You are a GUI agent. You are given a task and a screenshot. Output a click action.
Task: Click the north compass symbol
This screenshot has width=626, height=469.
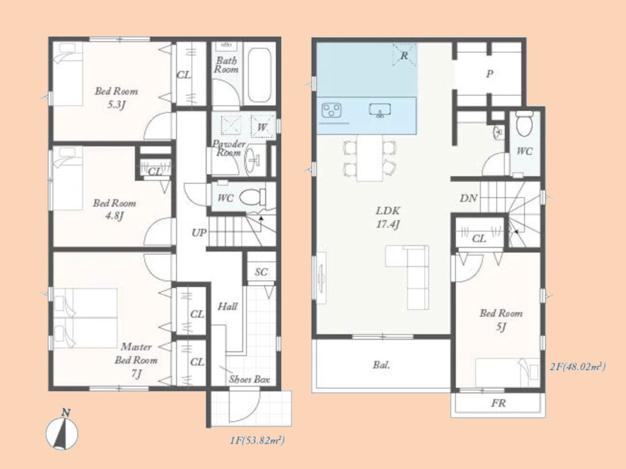pyautogui.click(x=61, y=430)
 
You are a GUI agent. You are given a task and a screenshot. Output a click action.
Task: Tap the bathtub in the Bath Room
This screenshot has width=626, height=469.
pyautogui.click(x=260, y=76)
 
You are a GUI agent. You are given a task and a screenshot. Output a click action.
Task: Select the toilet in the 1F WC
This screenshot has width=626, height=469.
pyautogui.click(x=253, y=197)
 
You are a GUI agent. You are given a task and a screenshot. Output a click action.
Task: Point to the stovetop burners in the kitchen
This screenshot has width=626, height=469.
pyautogui.click(x=331, y=110)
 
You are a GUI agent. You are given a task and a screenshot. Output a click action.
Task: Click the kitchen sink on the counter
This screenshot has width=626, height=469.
pyautogui.click(x=380, y=109)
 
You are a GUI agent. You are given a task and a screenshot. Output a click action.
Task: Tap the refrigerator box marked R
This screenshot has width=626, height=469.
pyautogui.click(x=405, y=55)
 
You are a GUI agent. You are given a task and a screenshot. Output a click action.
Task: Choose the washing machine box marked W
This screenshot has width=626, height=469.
pyautogui.click(x=262, y=126)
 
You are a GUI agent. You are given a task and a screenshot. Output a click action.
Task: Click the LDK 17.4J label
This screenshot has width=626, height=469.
pyautogui.click(x=388, y=217)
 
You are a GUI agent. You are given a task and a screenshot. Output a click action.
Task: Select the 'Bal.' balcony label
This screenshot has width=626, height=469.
pyautogui.click(x=382, y=365)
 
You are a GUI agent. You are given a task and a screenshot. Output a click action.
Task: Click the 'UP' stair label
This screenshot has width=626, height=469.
pyautogui.click(x=198, y=232)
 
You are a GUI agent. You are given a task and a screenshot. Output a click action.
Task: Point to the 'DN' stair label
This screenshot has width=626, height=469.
pyautogui.click(x=468, y=198)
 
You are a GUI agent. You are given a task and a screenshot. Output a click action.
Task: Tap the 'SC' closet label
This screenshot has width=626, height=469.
pyautogui.click(x=261, y=272)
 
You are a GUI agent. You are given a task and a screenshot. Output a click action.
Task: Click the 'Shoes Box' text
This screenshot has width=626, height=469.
pyautogui.click(x=249, y=379)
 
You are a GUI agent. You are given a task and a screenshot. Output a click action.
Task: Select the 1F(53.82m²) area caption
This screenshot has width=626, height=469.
pyautogui.click(x=257, y=441)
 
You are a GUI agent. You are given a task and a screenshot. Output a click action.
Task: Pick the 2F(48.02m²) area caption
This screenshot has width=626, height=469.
pyautogui.click(x=578, y=367)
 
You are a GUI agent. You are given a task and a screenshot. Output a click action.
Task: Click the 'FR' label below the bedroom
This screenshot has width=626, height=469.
pyautogui.click(x=498, y=403)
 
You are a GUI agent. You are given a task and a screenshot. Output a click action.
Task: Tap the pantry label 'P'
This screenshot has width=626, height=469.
pyautogui.click(x=489, y=74)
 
